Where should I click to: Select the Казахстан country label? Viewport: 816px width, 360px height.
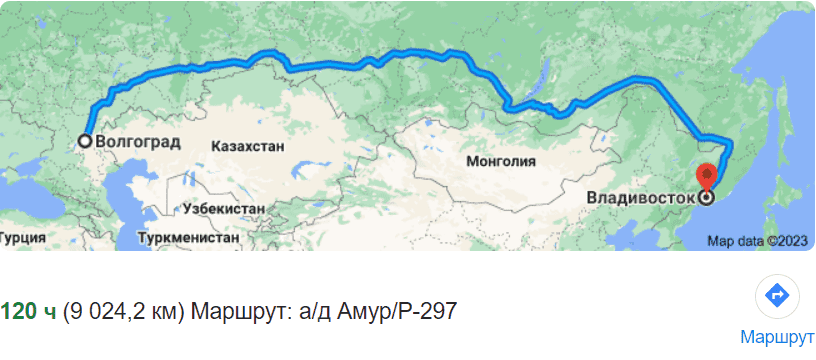tap(248, 146)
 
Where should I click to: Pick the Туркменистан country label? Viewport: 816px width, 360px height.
tap(190, 239)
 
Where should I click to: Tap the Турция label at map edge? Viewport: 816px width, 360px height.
tap(21, 239)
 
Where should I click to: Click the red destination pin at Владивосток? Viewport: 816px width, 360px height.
tap(708, 176)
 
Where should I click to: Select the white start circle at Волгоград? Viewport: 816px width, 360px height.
tap(86, 141)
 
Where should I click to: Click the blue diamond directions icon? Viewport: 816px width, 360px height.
tap(777, 296)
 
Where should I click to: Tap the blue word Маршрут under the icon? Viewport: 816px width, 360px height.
tap(777, 335)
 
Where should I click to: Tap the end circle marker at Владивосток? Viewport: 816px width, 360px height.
tap(708, 197)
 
